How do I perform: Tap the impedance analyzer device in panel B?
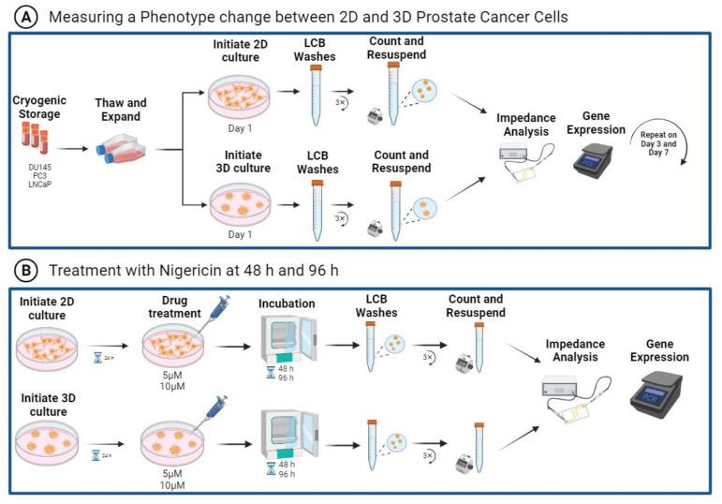(x=572, y=387)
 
